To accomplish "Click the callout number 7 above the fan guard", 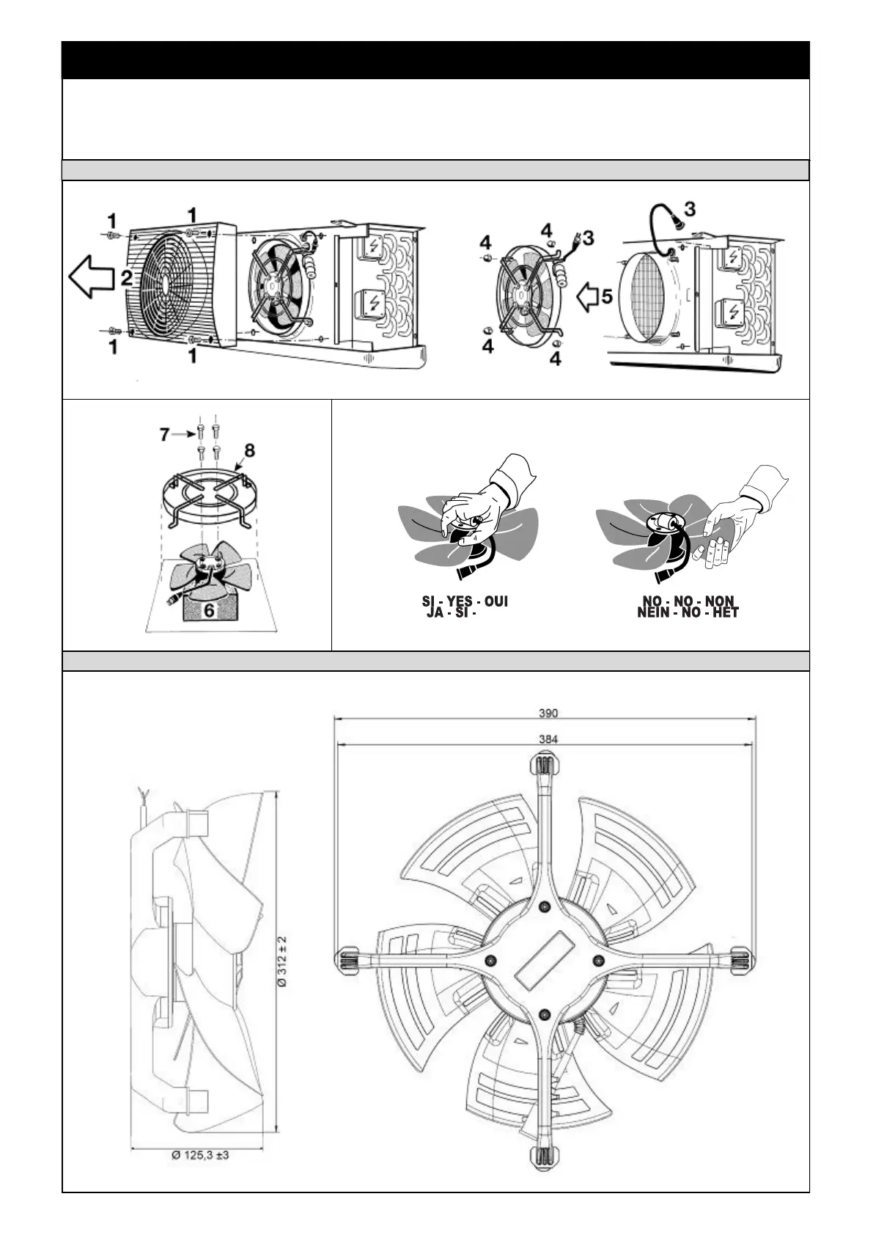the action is (x=166, y=435).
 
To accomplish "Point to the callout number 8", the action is (x=249, y=450).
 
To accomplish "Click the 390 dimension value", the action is (x=548, y=713).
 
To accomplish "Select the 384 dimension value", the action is (x=548, y=739).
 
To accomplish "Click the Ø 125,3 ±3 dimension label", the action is (x=200, y=1155).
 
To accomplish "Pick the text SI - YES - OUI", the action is (x=465, y=601).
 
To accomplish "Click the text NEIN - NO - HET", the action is (x=688, y=612).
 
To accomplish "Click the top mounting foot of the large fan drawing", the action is (x=543, y=765).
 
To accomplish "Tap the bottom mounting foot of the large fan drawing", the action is (x=543, y=1154).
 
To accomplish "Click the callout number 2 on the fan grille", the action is (x=127, y=278).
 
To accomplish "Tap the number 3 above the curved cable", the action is (x=690, y=208).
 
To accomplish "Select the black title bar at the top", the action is (x=435, y=60).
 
